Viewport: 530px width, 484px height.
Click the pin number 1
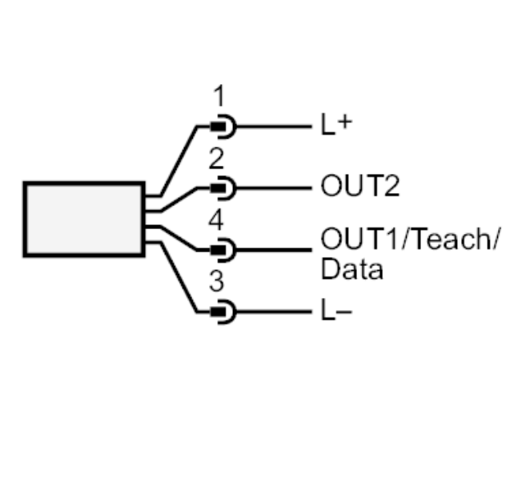(219, 98)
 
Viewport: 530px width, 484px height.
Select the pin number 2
(217, 159)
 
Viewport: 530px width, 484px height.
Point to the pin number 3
(217, 283)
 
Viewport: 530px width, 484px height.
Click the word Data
(351, 270)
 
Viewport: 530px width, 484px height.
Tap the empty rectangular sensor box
(83, 219)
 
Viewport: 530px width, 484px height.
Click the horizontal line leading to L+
(272, 127)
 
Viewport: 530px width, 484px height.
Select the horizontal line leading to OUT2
(272, 188)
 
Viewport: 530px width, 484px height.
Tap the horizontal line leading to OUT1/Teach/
(272, 249)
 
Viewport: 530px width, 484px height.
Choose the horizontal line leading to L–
(272, 311)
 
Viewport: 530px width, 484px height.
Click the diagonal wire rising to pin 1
(179, 160)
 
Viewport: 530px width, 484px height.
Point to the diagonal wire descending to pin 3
(179, 276)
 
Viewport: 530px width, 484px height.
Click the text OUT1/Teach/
(409, 240)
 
